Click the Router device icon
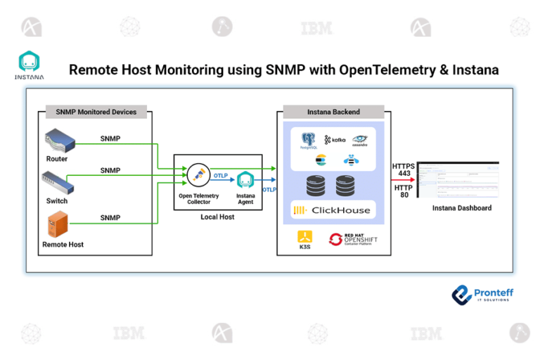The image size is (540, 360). pyautogui.click(x=59, y=141)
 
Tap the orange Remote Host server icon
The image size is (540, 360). pyautogui.click(x=57, y=226)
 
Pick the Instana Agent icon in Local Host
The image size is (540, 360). pyautogui.click(x=245, y=180)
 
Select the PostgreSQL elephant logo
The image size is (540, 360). pyautogui.click(x=308, y=139)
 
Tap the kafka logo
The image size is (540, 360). pyautogui.click(x=335, y=140)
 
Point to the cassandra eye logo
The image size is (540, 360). pyautogui.click(x=360, y=141)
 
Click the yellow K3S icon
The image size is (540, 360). pyautogui.click(x=304, y=238)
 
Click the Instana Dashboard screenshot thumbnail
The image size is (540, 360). pyautogui.click(x=458, y=181)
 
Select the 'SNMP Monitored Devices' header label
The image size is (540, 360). pyautogui.click(x=96, y=112)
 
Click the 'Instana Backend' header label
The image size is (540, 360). pyautogui.click(x=333, y=112)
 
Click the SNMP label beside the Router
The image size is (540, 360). pyautogui.click(x=110, y=139)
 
